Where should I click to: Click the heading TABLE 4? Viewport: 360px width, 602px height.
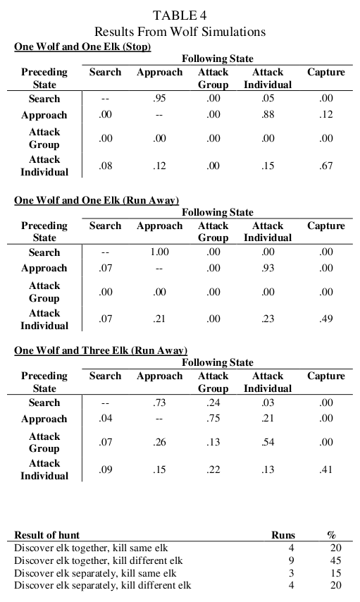coord(180,16)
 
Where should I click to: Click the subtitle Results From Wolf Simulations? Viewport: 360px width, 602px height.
coord(180,32)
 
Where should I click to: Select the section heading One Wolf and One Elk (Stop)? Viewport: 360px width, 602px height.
coord(83,47)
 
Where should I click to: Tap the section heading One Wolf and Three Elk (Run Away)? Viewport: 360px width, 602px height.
coord(101,350)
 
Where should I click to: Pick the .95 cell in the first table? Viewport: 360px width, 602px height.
coord(159,99)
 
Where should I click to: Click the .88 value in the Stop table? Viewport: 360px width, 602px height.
coord(268,115)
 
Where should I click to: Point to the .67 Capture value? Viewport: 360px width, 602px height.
coord(325,166)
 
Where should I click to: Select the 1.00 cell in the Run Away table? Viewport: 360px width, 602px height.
coord(159,252)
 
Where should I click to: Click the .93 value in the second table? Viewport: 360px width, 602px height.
coord(268,268)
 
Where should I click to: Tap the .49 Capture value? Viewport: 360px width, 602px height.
coord(325,319)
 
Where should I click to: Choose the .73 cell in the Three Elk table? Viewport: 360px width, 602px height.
coord(159,403)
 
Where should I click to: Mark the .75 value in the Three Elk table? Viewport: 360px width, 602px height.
coord(213,419)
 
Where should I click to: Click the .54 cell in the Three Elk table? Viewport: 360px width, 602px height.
coord(268,443)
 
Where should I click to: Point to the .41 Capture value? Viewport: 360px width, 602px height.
coord(325,469)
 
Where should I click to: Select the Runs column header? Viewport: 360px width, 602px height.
coord(283,535)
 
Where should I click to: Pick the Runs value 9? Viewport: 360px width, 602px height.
coord(291,561)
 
